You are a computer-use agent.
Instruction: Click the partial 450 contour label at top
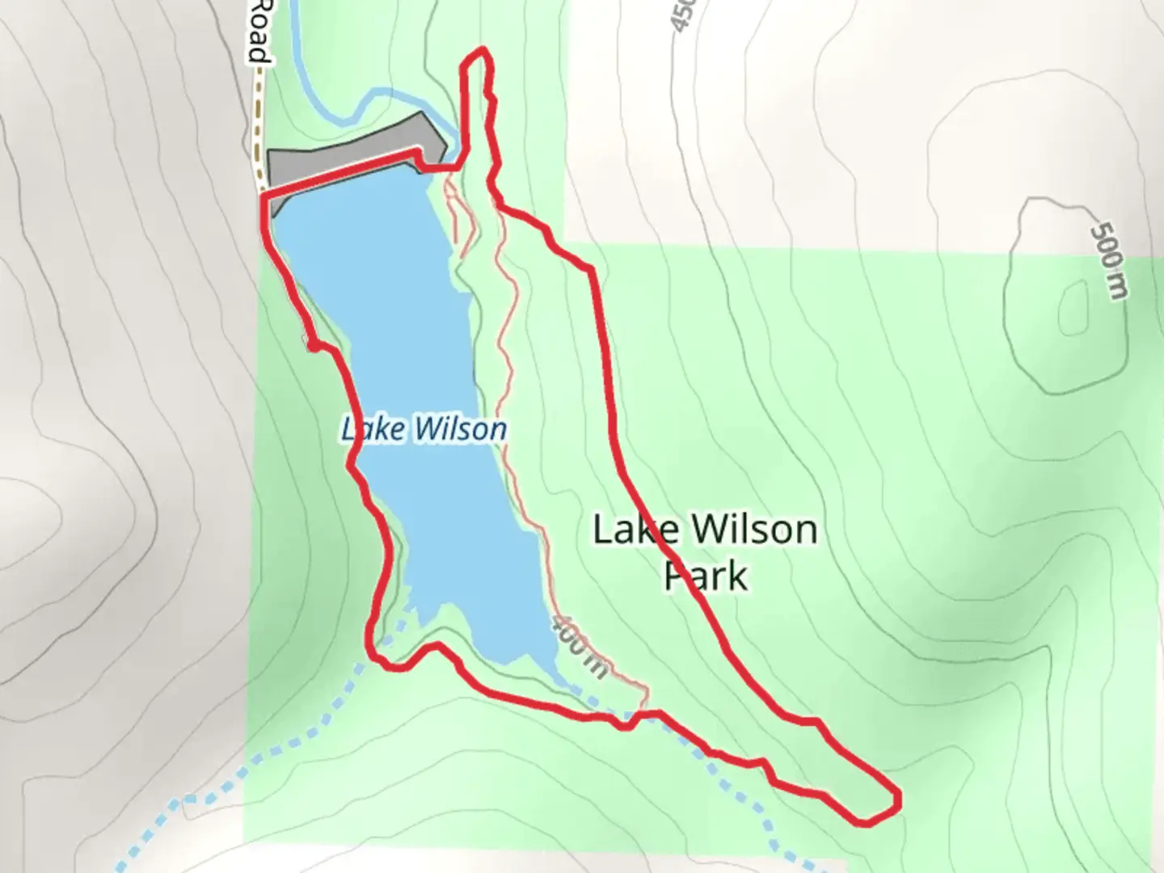[x=681, y=15]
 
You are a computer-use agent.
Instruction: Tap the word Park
[x=705, y=576]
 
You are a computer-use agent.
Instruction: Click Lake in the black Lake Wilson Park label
[x=635, y=530]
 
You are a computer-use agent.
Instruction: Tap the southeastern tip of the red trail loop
[x=896, y=800]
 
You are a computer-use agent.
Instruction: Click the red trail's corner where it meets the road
[x=264, y=195]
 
